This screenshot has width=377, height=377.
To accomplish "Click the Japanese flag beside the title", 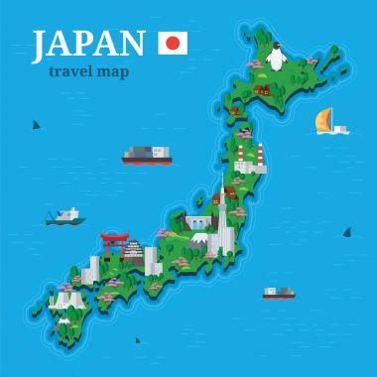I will click(173, 43).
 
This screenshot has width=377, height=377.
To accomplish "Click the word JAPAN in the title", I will click(88, 44).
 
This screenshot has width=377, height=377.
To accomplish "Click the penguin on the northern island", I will click(277, 58).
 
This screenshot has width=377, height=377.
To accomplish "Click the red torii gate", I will click(114, 240).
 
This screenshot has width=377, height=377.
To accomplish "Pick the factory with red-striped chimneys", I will click(249, 158).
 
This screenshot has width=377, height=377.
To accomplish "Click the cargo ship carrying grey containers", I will click(146, 155).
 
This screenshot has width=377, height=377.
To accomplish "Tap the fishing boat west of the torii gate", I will click(63, 216).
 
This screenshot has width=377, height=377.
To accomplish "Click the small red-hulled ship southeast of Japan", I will click(279, 292).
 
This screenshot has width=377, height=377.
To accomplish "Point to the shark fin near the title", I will click(36, 125).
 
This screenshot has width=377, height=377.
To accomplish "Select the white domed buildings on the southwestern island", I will click(67, 299).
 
